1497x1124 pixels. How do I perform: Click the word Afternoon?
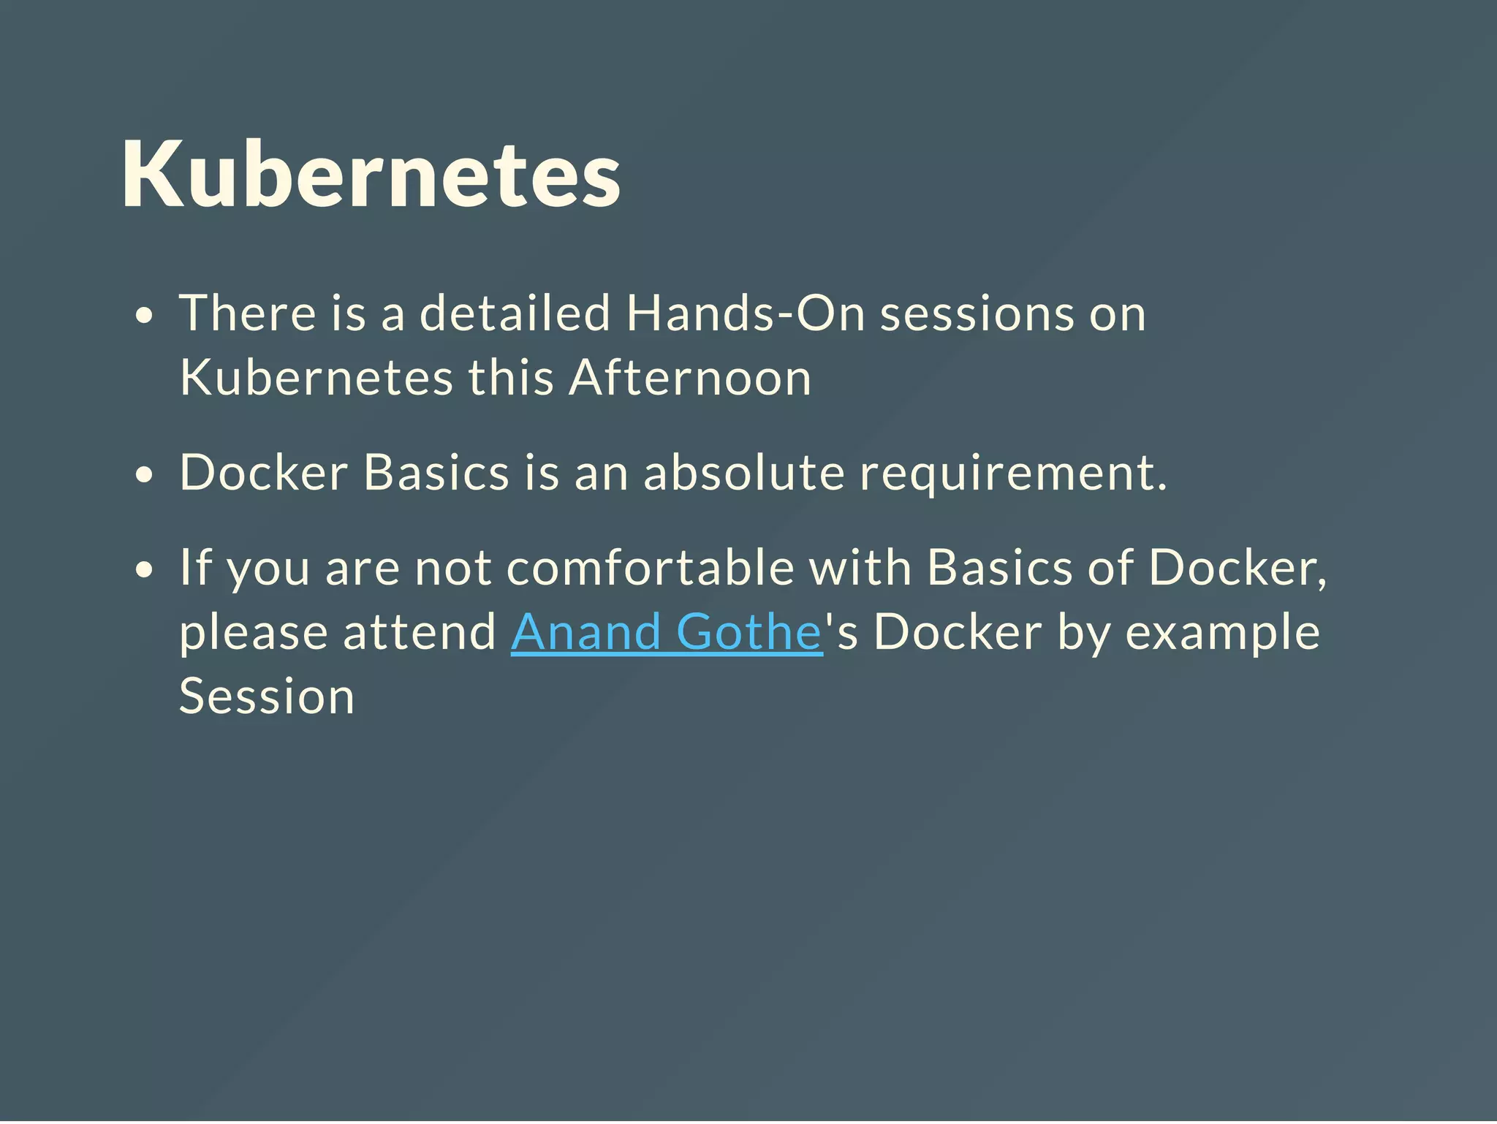pos(689,378)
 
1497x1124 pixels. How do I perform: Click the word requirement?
pos(1013,474)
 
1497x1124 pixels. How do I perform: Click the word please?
pos(253,633)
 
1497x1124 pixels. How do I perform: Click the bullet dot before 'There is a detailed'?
pos(145,316)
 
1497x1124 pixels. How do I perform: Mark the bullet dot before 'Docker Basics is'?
pos(145,475)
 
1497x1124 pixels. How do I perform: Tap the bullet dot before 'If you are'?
pos(145,570)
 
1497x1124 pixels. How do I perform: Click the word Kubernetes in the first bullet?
pos(316,378)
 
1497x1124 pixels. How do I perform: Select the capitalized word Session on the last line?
pos(267,696)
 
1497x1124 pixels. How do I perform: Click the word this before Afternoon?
pos(510,378)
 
